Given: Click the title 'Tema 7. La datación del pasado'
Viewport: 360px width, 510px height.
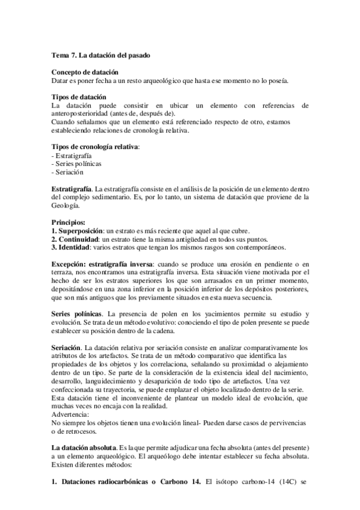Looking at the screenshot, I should pos(100,55).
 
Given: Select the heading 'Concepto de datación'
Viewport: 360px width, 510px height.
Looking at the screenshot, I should pos(85,72).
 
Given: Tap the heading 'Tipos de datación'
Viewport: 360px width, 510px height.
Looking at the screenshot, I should pos(79,97).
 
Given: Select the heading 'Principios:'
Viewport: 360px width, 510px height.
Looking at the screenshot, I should pos(69,222).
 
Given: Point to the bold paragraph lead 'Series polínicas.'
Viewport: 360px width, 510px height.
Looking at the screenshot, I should pos(77,314).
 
